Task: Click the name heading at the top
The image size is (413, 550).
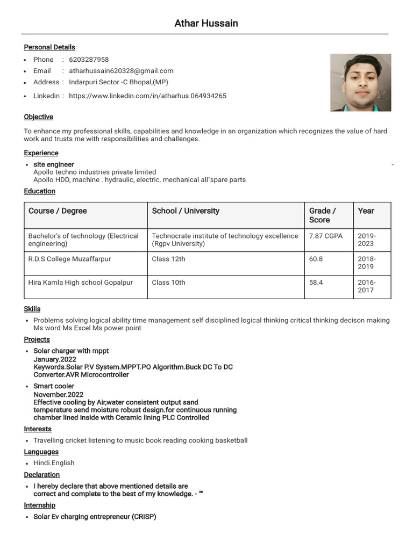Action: tap(206, 23)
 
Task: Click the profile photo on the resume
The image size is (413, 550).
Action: tap(360, 82)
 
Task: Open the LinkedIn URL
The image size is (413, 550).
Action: tap(147, 96)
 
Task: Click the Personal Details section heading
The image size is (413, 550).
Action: tap(49, 47)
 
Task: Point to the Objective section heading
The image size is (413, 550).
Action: tap(38, 117)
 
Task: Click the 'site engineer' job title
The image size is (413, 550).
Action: tap(54, 164)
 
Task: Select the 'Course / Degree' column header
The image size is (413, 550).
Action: tap(58, 211)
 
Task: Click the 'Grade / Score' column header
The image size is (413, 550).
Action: tap(323, 215)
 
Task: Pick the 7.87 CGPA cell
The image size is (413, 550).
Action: tap(326, 236)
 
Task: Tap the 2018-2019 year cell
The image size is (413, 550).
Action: tap(367, 263)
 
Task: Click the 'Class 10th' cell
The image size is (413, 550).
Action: tap(168, 283)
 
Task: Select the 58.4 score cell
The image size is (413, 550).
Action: tap(316, 283)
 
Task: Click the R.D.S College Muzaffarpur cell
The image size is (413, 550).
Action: tap(69, 259)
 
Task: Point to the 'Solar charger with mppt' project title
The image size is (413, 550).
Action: tap(71, 351)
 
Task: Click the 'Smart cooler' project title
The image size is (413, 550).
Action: tap(54, 386)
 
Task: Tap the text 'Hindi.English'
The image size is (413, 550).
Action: tap(54, 463)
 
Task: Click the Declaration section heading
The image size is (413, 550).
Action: tap(41, 475)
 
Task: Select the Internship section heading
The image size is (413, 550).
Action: tap(39, 505)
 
